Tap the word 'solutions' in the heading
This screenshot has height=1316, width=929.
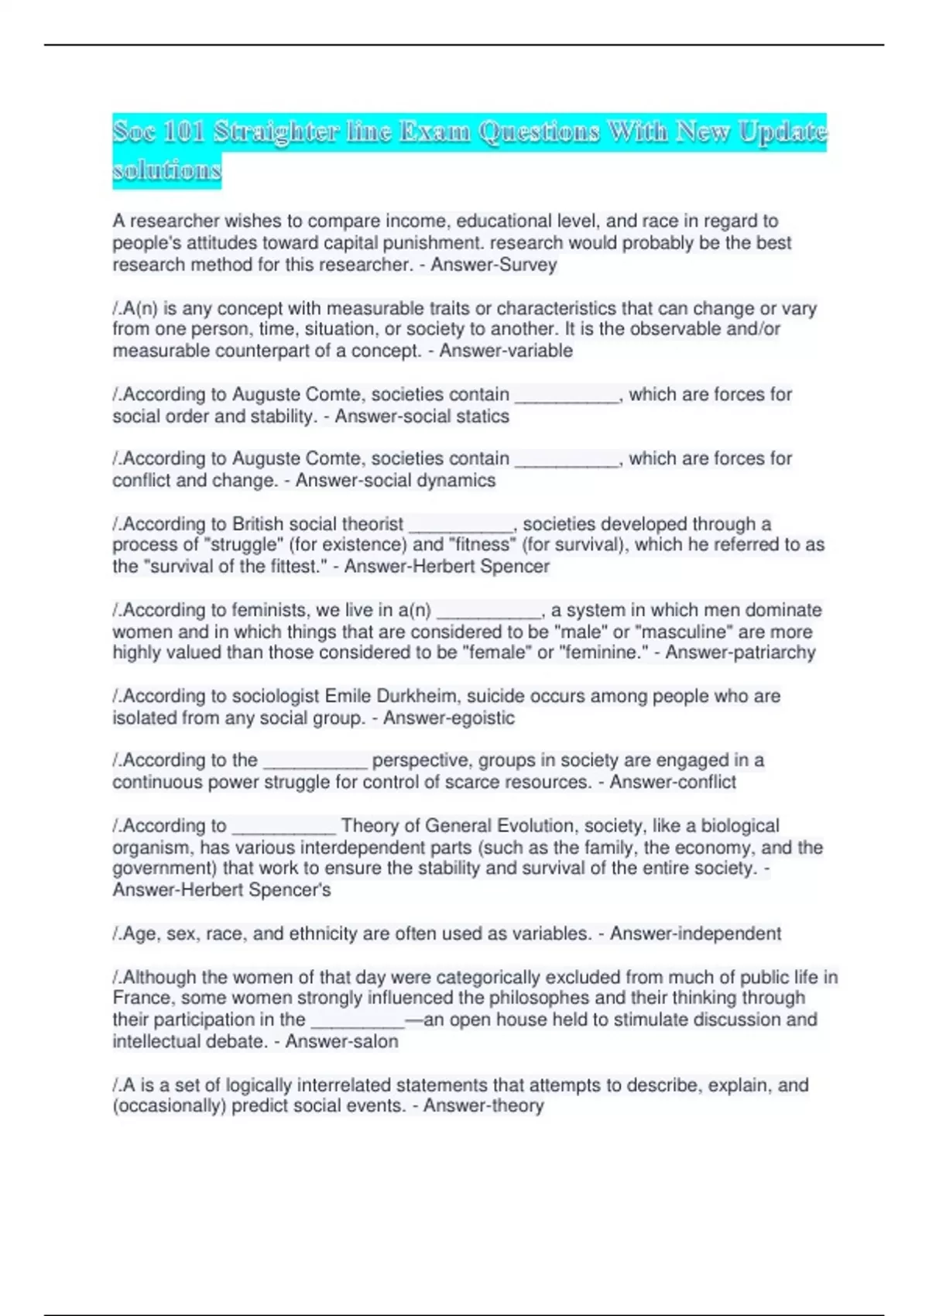coord(166,170)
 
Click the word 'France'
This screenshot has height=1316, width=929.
coord(141,998)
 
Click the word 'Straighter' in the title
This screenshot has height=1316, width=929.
coord(276,132)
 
